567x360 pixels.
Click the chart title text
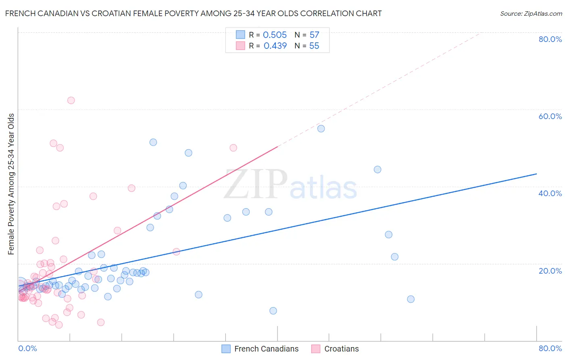(193, 13)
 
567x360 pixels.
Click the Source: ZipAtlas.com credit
(531, 13)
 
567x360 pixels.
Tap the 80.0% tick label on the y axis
(550, 39)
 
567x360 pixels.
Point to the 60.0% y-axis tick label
(550, 116)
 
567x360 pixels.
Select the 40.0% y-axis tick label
(550, 193)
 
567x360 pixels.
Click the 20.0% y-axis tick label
(550, 271)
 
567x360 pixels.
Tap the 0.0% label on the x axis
(27, 348)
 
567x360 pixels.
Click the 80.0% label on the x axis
(550, 348)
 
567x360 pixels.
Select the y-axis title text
(11, 184)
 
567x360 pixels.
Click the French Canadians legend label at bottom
(266, 349)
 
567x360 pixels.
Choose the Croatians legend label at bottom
(341, 349)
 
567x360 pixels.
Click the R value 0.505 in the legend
(275, 35)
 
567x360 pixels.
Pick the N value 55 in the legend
(314, 46)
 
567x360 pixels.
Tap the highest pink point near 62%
(71, 100)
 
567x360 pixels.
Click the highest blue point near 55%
(321, 129)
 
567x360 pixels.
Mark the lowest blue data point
(273, 311)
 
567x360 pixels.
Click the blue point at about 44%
(377, 170)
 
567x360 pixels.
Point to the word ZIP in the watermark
(256, 185)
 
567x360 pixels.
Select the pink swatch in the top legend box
(240, 46)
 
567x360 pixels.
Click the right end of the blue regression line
(536, 174)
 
